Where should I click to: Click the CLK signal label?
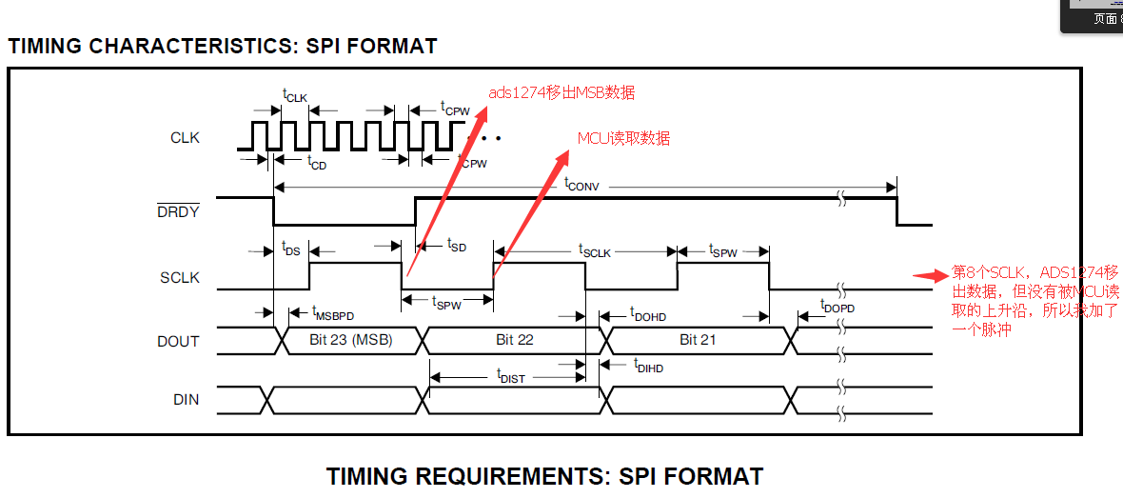point(185,138)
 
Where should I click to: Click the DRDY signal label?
point(179,211)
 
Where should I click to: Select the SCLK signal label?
point(180,278)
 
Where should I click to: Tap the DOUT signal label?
point(179,341)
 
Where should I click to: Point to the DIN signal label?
point(187,399)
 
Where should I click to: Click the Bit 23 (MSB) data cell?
point(351,340)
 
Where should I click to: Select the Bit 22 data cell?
point(514,340)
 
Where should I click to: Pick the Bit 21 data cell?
point(698,340)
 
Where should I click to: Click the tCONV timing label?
point(581,184)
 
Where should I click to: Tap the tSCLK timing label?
point(594,250)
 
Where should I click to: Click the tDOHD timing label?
point(647,312)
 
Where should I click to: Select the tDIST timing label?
point(510,376)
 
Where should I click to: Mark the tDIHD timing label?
point(647,365)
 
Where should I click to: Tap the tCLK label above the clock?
point(294,95)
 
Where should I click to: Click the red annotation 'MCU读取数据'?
point(623,139)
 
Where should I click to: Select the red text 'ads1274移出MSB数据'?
point(561,92)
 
